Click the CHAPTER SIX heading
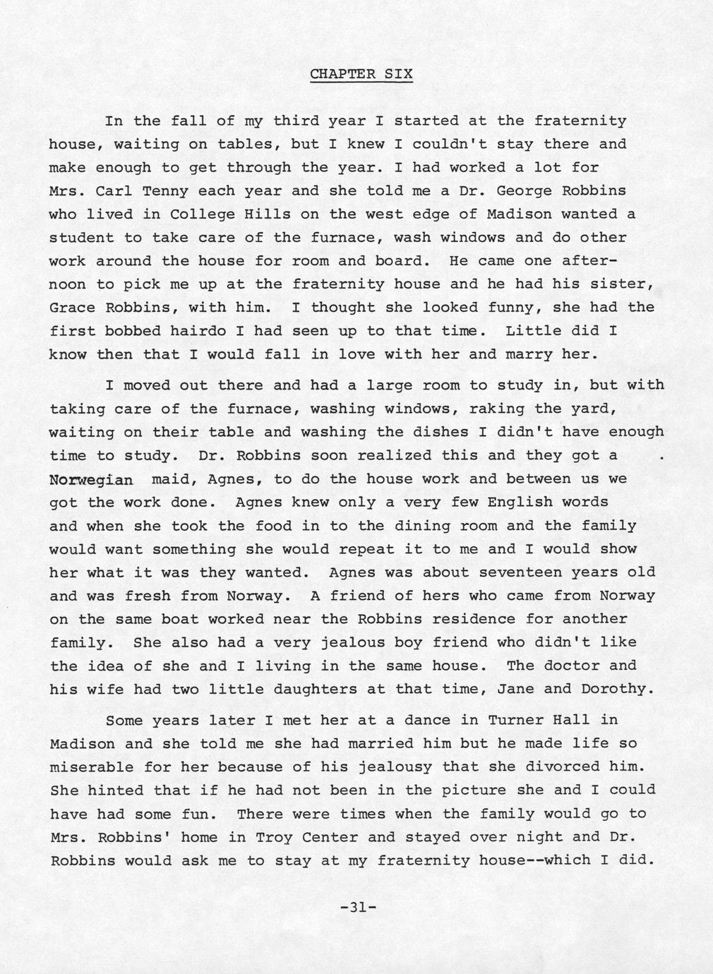click(x=361, y=74)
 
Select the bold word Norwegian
click(x=91, y=480)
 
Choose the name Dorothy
click(x=613, y=689)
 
